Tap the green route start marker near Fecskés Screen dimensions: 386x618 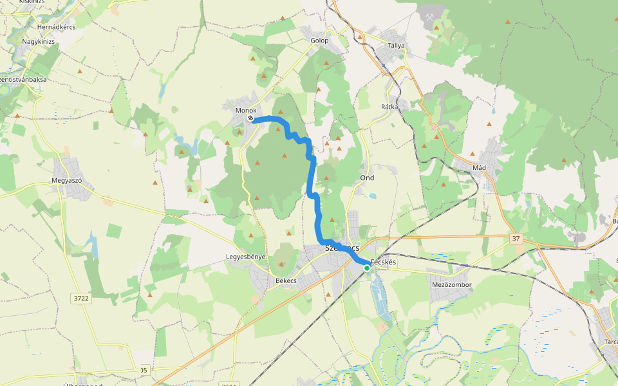(367, 268)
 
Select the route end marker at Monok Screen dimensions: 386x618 (250, 119)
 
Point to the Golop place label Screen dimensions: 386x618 (320, 41)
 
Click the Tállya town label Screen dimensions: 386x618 (396, 46)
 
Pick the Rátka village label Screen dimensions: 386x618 (389, 106)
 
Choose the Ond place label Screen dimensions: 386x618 (367, 178)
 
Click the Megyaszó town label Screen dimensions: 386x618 (67, 181)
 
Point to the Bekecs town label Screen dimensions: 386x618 (285, 281)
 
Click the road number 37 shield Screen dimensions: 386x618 (516, 239)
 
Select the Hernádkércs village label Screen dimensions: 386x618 (57, 27)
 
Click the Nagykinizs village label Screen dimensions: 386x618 (39, 41)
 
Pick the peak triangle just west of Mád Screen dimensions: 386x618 (473, 154)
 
